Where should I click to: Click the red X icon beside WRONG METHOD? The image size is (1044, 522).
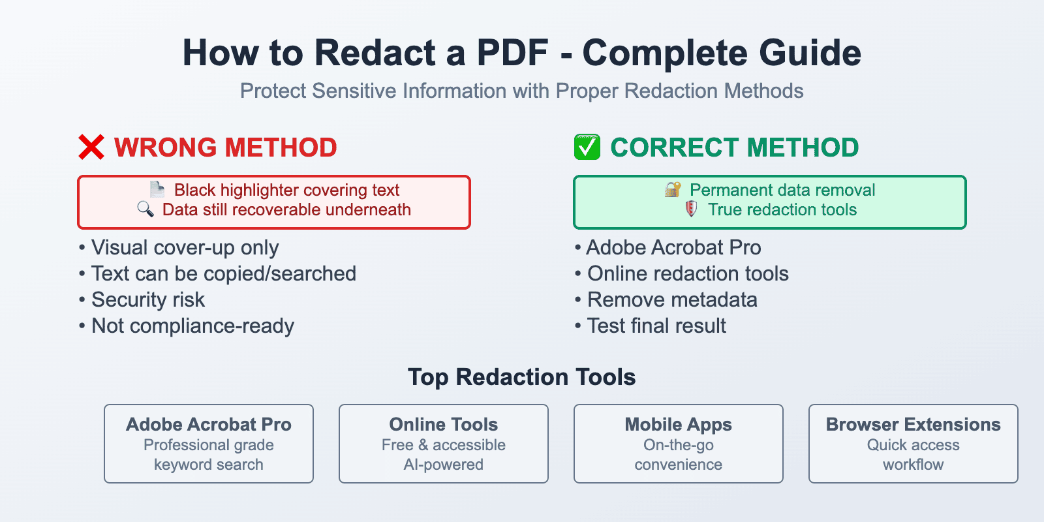pos(91,147)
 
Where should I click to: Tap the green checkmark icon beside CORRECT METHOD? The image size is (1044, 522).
pos(587,147)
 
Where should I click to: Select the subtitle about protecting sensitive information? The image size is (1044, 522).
pos(521,91)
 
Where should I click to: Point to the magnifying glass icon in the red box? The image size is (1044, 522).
pos(146,209)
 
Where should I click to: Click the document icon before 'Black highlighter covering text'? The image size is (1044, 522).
pos(157,189)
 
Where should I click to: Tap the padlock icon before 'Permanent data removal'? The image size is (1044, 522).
pos(673,189)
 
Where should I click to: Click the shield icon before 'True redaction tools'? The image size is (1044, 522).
pos(692,209)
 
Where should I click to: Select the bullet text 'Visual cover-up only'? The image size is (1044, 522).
pos(185,248)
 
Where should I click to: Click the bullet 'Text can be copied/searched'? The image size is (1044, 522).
pos(223,274)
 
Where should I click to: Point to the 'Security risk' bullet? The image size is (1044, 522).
pos(147,300)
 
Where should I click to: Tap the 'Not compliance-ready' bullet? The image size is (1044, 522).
pos(192,326)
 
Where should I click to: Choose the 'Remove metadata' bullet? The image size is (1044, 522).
pos(672,300)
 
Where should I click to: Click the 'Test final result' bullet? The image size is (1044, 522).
pos(656,326)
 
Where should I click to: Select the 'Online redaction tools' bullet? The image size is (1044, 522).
pos(688,274)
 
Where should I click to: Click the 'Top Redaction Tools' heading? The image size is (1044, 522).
pos(521,377)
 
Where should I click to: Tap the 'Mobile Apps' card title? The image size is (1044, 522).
pos(678,425)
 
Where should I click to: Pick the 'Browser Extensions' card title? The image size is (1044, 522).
pos(913,425)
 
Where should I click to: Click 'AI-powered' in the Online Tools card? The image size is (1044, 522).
pos(443,465)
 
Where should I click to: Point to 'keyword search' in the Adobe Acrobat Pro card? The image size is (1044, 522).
pos(208,465)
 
